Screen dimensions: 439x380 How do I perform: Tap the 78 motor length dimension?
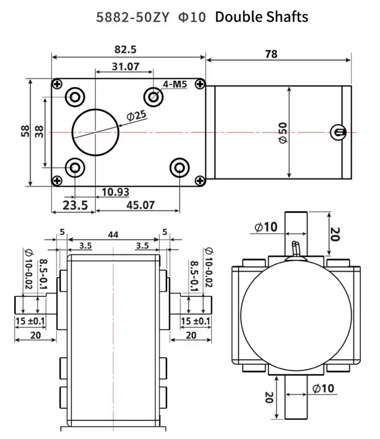pos(271,54)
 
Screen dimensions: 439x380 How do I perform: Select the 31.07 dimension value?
pos(125,66)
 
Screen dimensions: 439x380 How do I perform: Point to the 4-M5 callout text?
pos(175,85)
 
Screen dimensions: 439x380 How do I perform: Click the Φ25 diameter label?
pos(136,116)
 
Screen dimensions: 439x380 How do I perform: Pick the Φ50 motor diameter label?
pos(283,132)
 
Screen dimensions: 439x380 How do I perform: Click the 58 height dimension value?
pos(25,131)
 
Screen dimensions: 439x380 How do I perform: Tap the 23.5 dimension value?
pos(75,205)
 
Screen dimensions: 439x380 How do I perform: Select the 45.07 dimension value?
pos(140,205)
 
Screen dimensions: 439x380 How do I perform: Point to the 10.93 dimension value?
pos(115,192)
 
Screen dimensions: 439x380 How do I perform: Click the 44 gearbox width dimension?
pos(113,234)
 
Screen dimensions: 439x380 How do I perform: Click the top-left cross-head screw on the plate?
pos(57,84)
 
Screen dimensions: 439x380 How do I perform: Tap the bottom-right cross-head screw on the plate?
pos(199,180)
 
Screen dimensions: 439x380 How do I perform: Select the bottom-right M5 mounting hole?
pos(179,168)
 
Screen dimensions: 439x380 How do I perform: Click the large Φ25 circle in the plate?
pos(95,132)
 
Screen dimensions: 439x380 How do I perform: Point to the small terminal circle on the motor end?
pos(338,132)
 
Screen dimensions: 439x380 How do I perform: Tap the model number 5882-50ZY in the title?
pos(133,17)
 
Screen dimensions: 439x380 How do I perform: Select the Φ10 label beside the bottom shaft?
pos(323,388)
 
